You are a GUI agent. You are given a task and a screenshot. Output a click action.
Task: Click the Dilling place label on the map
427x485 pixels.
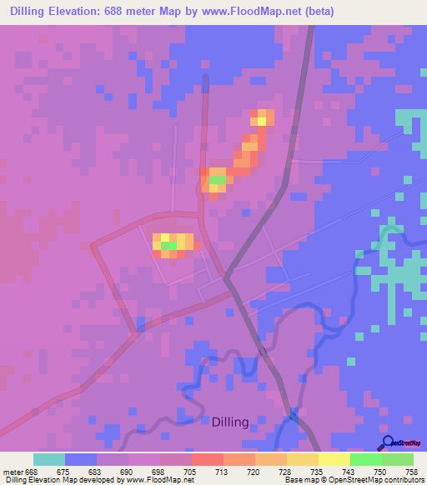[x=229, y=422]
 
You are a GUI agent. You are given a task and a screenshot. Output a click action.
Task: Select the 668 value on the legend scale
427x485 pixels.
[x=33, y=472]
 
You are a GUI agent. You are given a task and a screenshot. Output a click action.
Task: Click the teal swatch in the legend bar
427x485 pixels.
[x=49, y=459]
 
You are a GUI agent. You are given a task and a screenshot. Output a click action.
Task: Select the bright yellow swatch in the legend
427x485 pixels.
[x=334, y=459]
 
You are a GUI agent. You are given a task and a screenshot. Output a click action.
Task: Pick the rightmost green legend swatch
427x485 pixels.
[x=398, y=459]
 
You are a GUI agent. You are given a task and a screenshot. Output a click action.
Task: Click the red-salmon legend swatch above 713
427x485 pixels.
[x=208, y=459]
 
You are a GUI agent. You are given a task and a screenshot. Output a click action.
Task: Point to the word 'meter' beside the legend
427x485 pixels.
[x=13, y=472]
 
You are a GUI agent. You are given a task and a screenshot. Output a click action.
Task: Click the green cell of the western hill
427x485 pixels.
[x=168, y=246]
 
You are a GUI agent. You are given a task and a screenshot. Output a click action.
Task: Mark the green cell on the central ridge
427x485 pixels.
[x=217, y=179]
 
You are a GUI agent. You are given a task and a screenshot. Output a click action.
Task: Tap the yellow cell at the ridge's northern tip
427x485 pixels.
[x=262, y=121]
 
